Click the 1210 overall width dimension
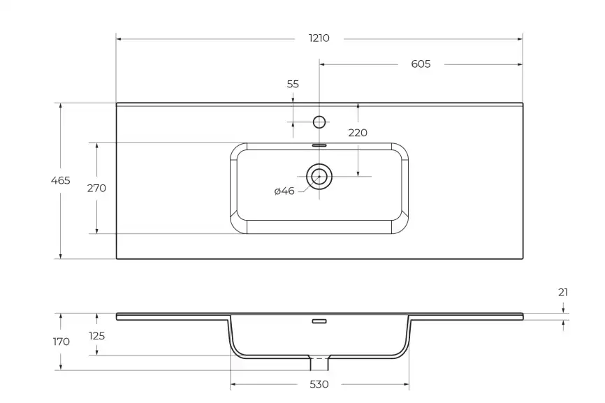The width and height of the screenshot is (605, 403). point(319,38)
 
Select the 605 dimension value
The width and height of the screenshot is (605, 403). point(421,64)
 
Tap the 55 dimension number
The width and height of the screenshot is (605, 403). point(293,84)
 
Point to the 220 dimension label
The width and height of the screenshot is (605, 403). point(358,133)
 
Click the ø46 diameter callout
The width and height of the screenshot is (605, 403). point(284,191)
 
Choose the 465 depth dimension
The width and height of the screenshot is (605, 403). point(61,180)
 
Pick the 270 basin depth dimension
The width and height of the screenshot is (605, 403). point(96,188)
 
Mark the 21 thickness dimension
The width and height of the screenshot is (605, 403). point(563,293)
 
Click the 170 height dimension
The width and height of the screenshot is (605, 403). point(61,342)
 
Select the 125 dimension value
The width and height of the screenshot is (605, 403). point(96,336)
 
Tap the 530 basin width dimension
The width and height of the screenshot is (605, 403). point(319,384)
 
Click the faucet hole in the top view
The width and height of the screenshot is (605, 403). point(319,122)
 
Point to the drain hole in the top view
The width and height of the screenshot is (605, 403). point(319,177)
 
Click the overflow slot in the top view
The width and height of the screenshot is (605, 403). point(319,145)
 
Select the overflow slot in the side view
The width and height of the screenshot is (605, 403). point(319,322)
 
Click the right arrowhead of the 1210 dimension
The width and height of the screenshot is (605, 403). point(520,38)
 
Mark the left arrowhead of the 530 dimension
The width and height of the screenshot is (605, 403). point(233,384)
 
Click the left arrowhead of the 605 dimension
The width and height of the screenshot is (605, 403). point(323,64)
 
